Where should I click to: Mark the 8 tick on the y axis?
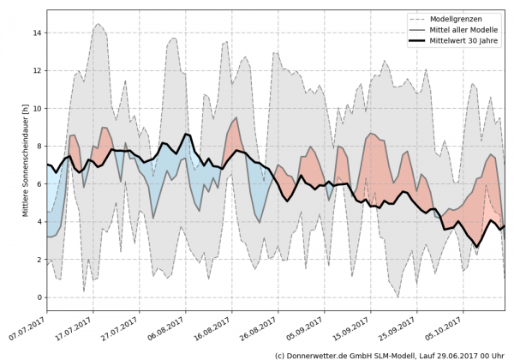click(x=38, y=146)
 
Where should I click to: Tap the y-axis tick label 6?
click(x=38, y=183)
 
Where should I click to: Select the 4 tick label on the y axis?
click(x=38, y=221)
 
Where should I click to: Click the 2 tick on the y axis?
click(x=38, y=259)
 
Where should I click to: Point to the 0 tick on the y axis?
click(x=38, y=297)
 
